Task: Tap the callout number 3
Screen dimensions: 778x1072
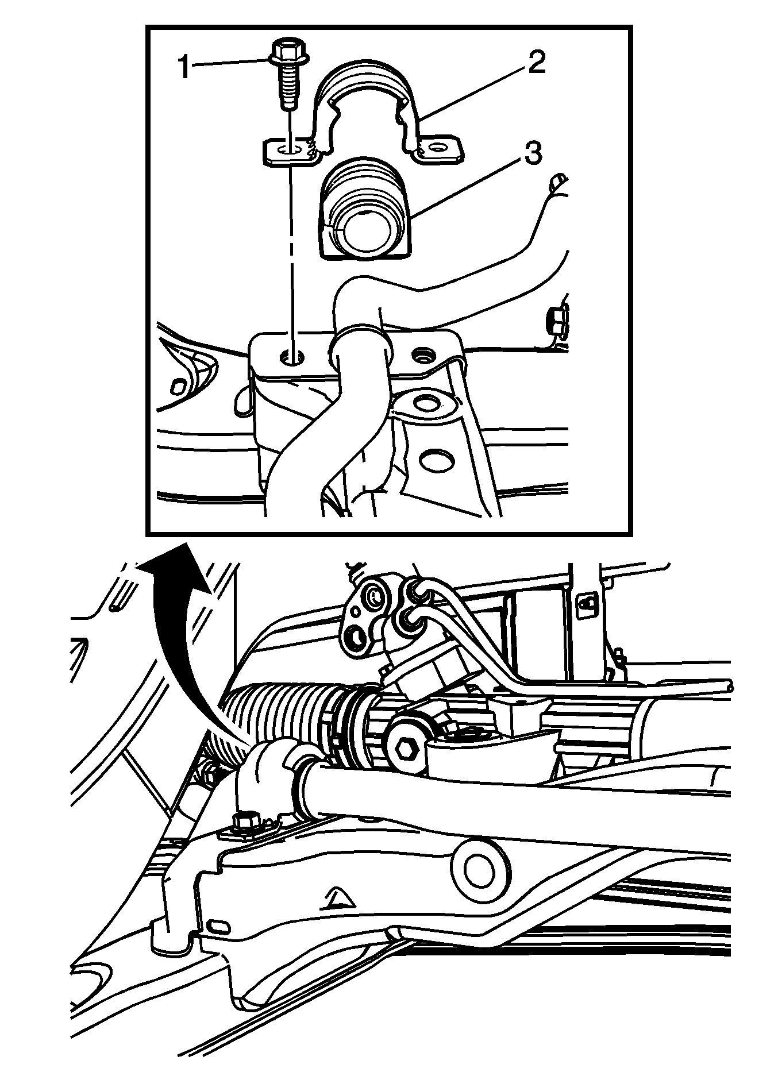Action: [x=530, y=154]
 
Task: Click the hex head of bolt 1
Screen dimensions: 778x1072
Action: [x=289, y=51]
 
